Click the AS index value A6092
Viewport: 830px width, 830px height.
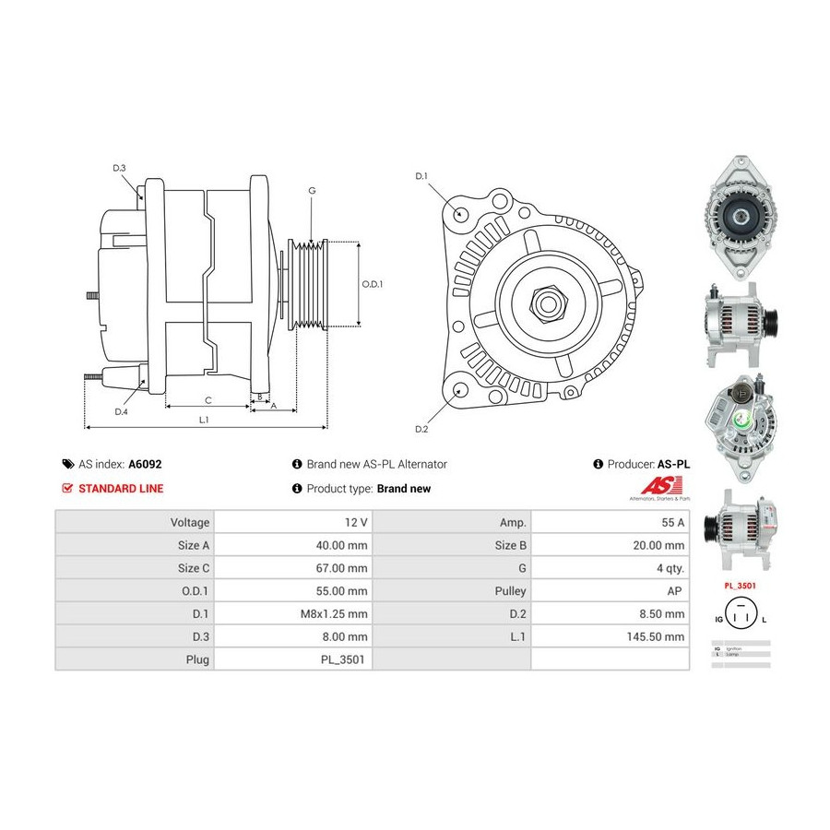pos(145,465)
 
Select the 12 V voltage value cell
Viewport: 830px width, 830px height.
pos(355,522)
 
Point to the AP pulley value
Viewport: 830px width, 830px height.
pos(677,591)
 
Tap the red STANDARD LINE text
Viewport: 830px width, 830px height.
pos(121,489)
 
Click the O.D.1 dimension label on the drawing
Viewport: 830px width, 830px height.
pos(372,284)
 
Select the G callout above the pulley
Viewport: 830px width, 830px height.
pos(312,191)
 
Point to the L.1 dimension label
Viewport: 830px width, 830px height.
pos(204,420)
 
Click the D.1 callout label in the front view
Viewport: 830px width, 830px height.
pos(421,175)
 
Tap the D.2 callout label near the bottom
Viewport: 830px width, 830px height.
pos(421,429)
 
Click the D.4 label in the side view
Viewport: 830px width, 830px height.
pos(121,412)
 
